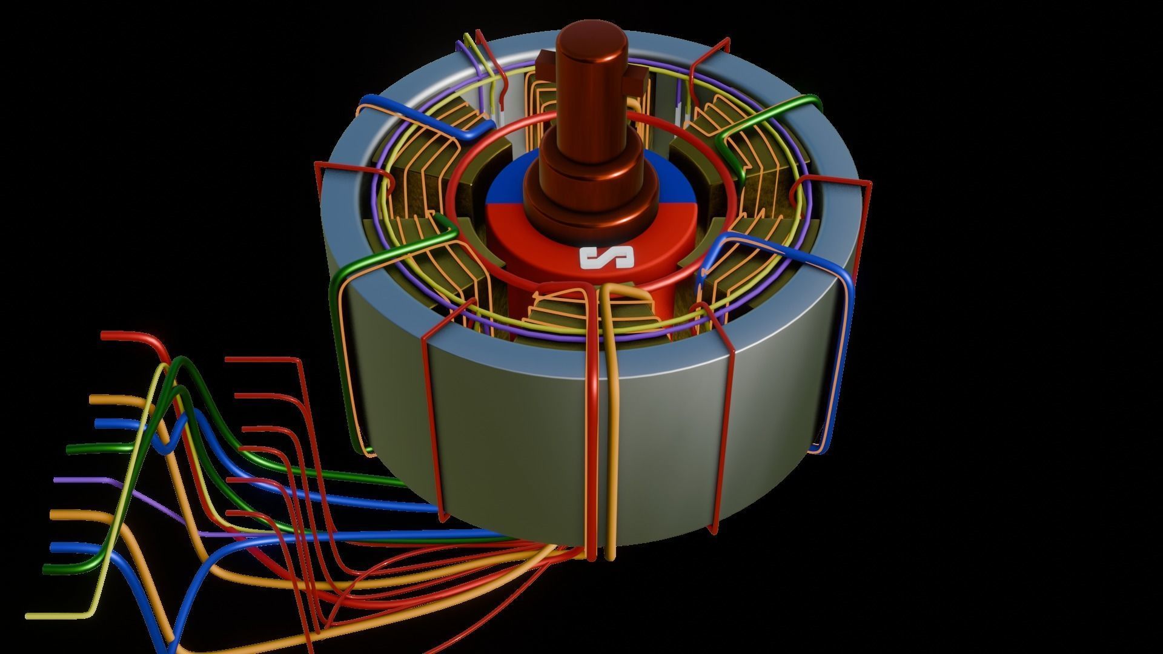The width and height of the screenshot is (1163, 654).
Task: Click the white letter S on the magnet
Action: tap(606, 258)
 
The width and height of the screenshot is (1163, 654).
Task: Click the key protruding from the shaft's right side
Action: tap(638, 77)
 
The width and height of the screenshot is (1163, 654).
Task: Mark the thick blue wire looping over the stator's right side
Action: tap(842, 303)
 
